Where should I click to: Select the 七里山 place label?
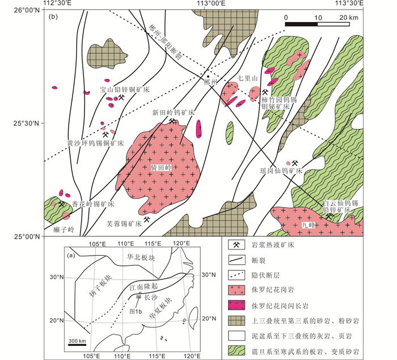pyautogui.click(x=248, y=78)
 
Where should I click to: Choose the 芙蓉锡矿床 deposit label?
pyautogui.click(x=124, y=223)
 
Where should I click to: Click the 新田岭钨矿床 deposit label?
pyautogui.click(x=173, y=112)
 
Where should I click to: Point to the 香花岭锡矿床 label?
pyautogui.click(x=93, y=204)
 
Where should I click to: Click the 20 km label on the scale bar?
pyautogui.click(x=349, y=18)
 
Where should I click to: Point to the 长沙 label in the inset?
pyautogui.click(x=150, y=297)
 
